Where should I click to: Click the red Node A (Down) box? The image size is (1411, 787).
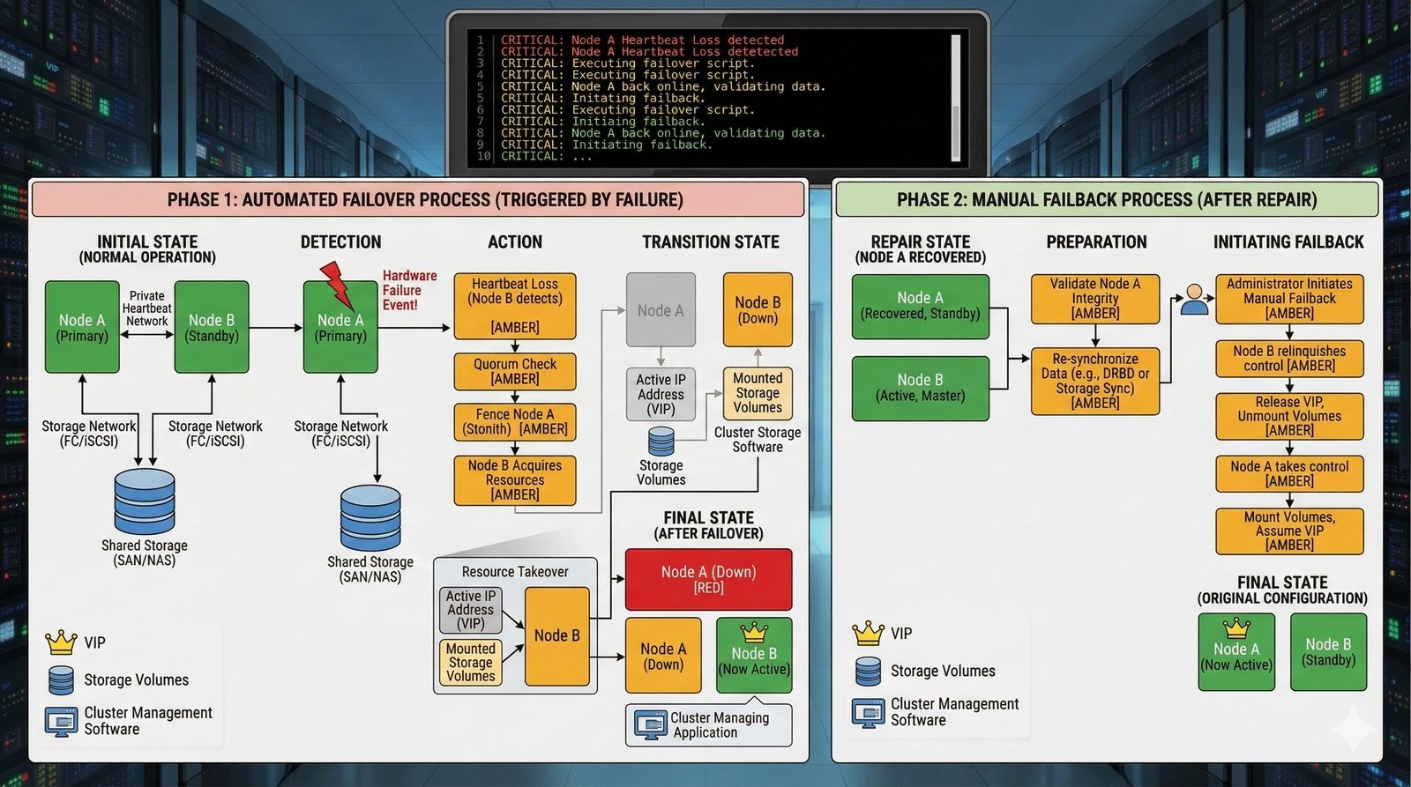click(708, 579)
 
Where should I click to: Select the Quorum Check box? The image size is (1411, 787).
click(515, 371)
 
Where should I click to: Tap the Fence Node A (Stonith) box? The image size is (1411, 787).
click(515, 421)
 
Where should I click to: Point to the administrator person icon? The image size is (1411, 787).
click(1195, 299)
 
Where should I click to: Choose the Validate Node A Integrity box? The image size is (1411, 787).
click(1095, 298)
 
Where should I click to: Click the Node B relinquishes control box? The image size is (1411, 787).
click(1289, 358)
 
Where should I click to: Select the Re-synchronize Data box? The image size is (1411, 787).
click(1095, 381)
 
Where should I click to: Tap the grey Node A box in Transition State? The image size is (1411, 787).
click(661, 309)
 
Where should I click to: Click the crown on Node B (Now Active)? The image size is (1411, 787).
click(754, 631)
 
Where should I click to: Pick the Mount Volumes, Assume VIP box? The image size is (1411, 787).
click(1289, 531)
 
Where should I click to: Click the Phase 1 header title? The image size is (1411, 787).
click(425, 200)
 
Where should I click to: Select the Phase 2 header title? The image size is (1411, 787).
click(1107, 200)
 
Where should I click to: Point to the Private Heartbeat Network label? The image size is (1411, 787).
click(146, 308)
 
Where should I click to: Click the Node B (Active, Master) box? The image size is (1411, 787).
click(920, 388)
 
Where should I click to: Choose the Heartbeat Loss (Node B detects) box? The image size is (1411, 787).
click(515, 305)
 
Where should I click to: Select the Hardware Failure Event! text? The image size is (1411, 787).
click(409, 290)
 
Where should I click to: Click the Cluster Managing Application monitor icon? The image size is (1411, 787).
click(650, 724)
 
